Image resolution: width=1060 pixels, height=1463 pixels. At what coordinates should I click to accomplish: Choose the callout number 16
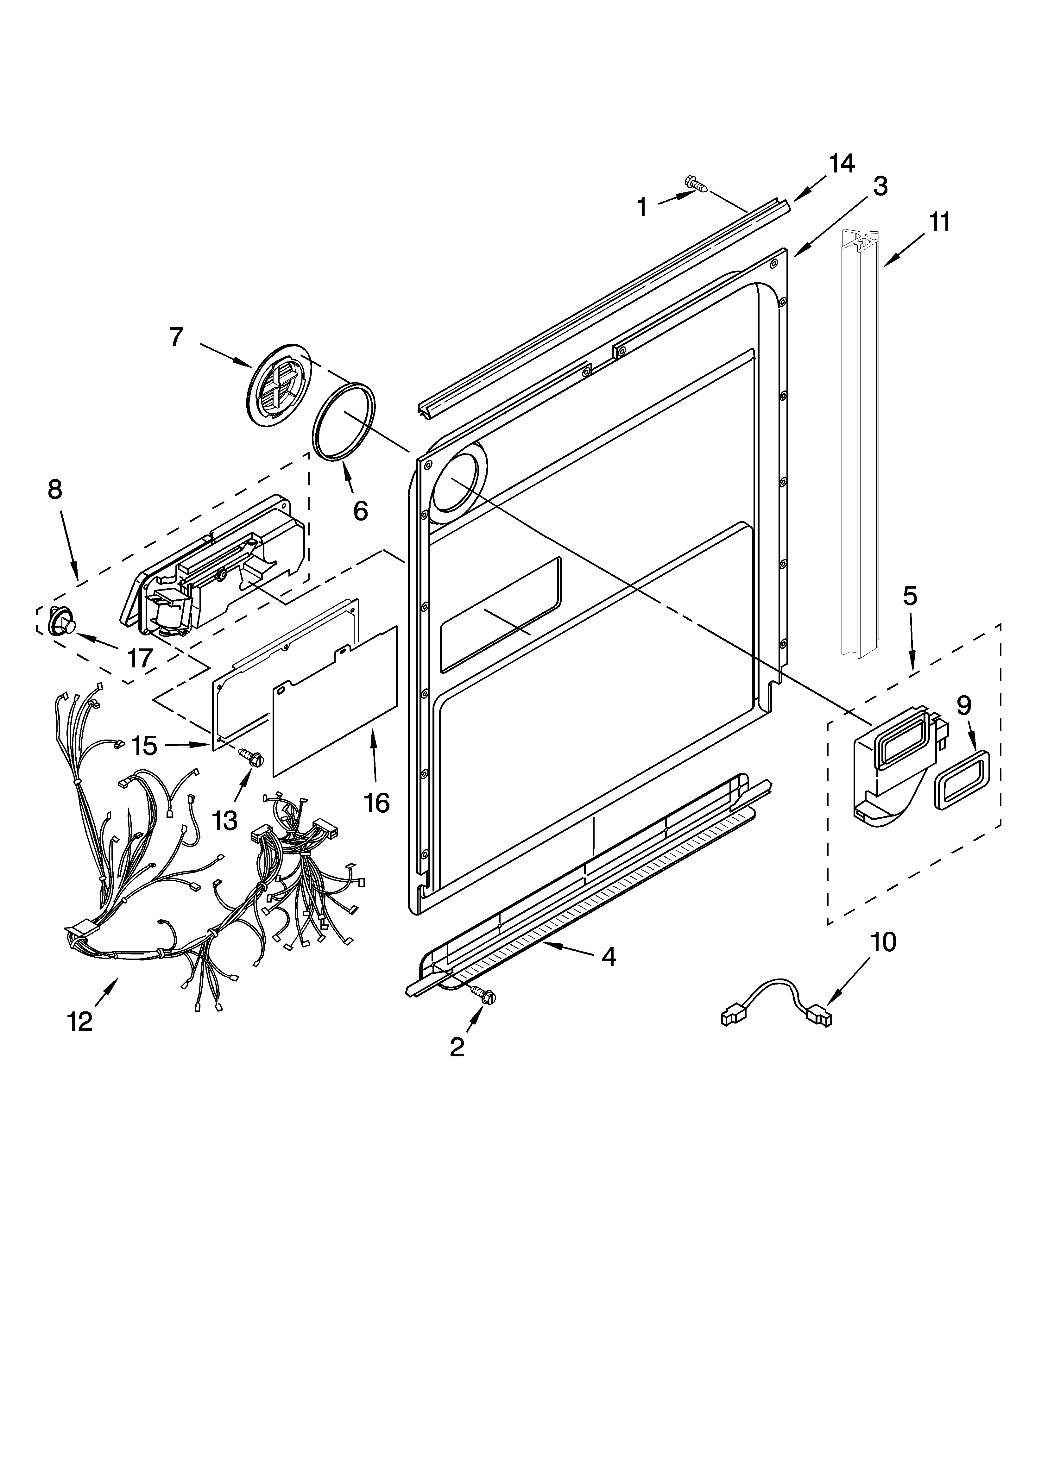pos(376,803)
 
